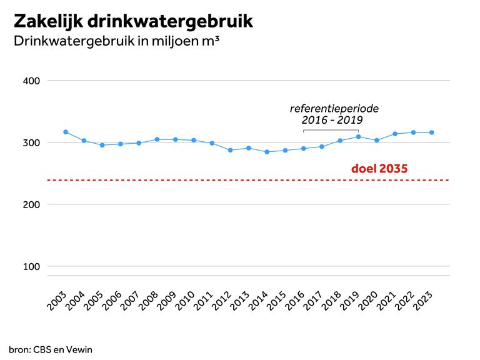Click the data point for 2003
click(x=66, y=132)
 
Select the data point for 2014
click(x=267, y=152)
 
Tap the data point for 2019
click(x=358, y=136)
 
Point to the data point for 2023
click(x=432, y=132)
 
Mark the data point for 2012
click(x=230, y=150)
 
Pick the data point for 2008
click(x=157, y=139)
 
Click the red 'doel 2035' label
click(x=380, y=169)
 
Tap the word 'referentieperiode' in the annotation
click(x=334, y=108)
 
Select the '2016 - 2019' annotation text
click(x=332, y=120)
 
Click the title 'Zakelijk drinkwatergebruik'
click(x=133, y=21)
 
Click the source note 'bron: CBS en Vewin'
click(x=51, y=349)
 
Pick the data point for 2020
click(x=377, y=141)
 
